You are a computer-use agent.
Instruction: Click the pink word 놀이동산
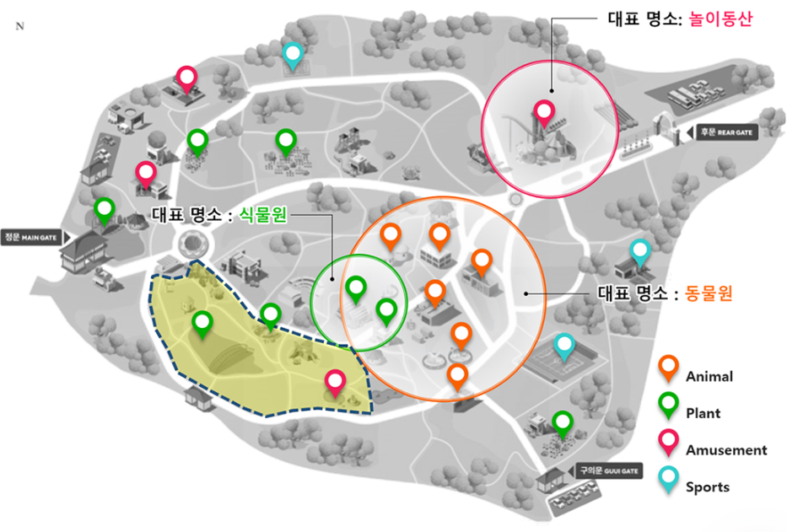coord(727,18)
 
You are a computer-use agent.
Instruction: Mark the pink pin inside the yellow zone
coord(335,382)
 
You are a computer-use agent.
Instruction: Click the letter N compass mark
coord(19,26)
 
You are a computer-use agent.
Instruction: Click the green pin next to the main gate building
coord(104,209)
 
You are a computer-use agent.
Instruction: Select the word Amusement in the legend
coord(726,450)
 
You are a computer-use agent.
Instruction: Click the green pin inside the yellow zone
coord(202,323)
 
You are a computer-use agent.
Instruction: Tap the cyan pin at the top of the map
coord(293,54)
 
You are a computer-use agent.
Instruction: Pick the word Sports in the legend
coord(707,486)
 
